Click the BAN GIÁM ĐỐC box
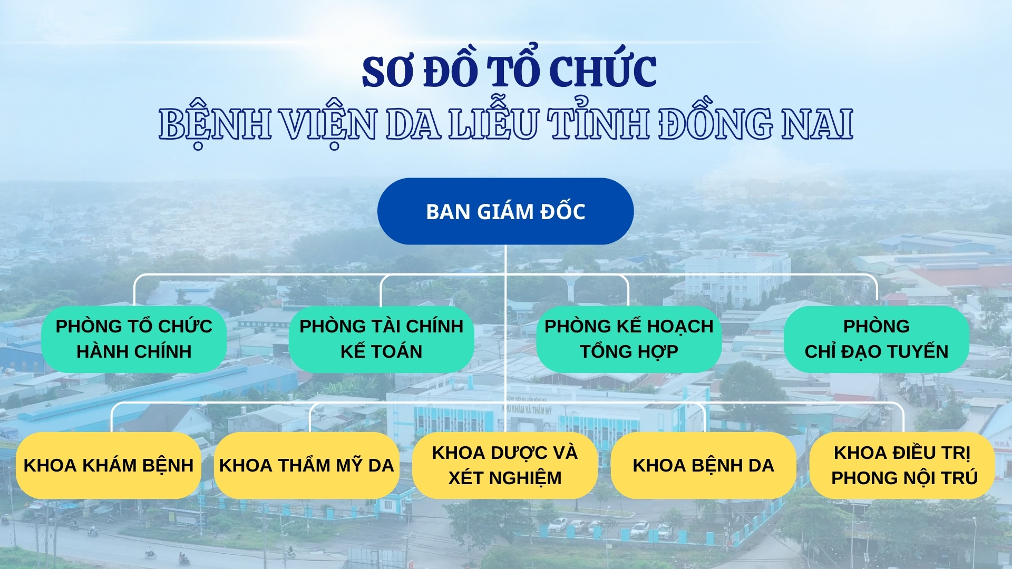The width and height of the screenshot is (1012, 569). [x=505, y=211]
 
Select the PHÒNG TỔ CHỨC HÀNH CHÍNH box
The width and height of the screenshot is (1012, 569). [x=134, y=339]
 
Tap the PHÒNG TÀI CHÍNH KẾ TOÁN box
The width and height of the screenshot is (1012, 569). [x=382, y=339]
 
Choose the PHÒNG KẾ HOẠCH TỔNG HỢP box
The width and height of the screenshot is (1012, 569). [x=629, y=339]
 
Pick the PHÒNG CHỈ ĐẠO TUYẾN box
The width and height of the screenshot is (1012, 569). [x=877, y=339]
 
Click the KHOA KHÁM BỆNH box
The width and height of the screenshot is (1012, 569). [x=109, y=466]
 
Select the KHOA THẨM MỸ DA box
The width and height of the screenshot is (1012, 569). [x=307, y=466]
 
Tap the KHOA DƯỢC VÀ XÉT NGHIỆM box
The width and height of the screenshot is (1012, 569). [x=505, y=466]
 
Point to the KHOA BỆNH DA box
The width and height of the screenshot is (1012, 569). [x=704, y=466]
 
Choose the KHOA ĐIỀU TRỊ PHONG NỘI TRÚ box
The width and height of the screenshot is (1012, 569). [x=902, y=466]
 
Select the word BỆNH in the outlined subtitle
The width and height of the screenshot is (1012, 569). [x=215, y=124]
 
